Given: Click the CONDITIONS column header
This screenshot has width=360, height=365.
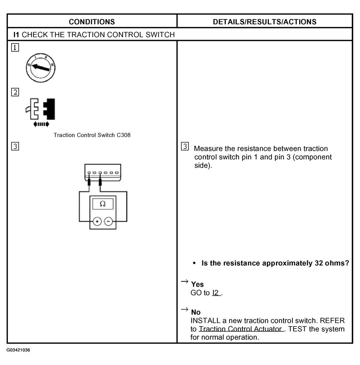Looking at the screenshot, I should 92,22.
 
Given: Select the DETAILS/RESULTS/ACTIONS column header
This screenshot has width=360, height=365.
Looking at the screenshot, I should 265,22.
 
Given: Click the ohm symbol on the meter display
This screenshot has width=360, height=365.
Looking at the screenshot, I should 103,204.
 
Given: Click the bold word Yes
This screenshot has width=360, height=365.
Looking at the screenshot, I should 197,284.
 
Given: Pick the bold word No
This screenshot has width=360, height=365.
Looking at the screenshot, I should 196,312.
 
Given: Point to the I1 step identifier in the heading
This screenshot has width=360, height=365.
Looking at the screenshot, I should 16,35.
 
